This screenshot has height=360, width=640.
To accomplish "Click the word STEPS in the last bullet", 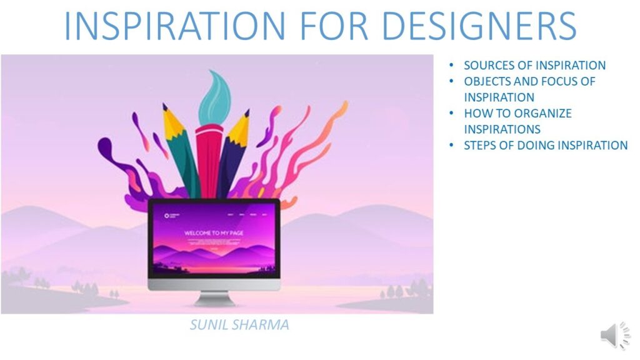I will coord(479,146).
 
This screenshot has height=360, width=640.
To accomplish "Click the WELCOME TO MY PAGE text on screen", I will coord(213,233).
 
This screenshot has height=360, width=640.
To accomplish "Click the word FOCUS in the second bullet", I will coord(558,81).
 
